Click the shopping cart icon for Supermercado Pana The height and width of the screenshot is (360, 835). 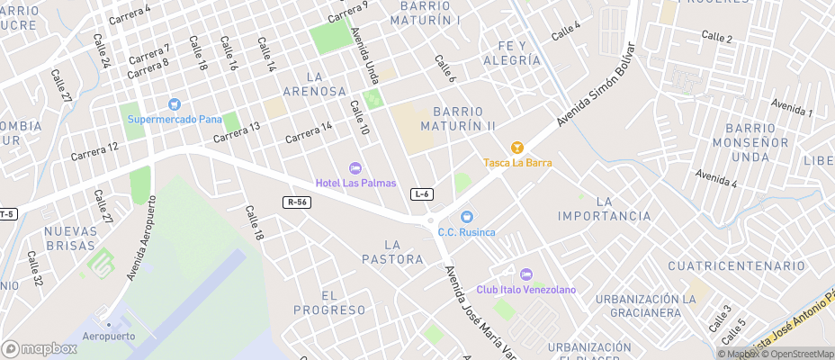175,104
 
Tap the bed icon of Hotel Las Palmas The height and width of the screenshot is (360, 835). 355,168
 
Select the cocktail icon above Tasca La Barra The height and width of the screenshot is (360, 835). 516,147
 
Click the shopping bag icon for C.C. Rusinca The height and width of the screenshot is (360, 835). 466,217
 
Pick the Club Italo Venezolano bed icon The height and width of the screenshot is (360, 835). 526,274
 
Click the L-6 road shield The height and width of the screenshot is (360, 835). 422,194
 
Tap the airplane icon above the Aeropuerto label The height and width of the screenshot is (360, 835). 110,322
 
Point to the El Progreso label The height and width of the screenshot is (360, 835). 328,302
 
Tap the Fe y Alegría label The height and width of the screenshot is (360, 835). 512,52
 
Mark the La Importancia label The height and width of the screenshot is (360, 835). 604,209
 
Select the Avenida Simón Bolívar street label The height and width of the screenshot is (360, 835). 596,84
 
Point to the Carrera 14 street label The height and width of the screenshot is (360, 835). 309,132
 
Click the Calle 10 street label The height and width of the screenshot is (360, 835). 360,118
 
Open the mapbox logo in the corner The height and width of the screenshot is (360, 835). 40,348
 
